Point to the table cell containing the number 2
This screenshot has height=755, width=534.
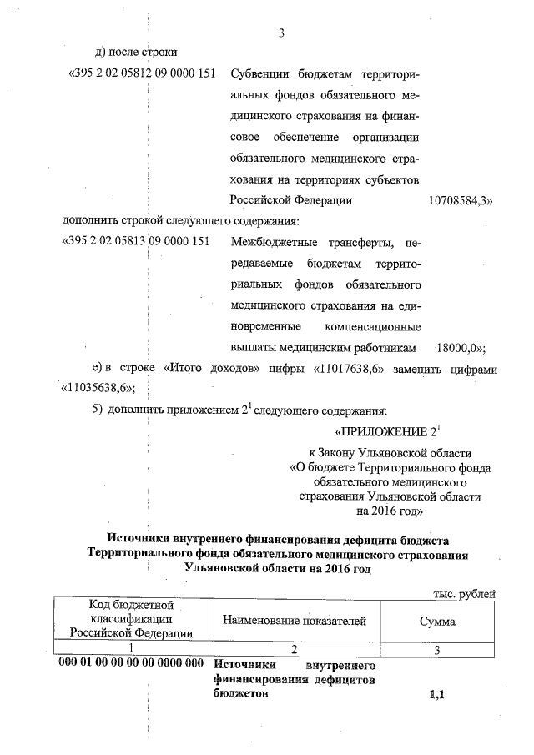point(295,650)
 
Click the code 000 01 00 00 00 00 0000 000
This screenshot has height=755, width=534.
point(132,665)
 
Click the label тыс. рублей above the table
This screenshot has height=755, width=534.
point(464,593)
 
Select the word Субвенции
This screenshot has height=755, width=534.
point(260,74)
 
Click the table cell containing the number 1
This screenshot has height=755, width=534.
point(132,650)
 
